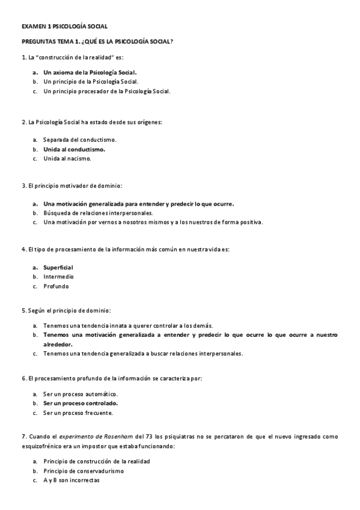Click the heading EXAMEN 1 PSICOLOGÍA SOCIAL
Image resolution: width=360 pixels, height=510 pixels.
(x=64, y=27)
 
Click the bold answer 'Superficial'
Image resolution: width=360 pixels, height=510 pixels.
(x=58, y=267)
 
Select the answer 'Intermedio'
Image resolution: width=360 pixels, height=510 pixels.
(x=58, y=277)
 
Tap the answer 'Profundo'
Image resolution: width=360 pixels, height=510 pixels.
(x=55, y=286)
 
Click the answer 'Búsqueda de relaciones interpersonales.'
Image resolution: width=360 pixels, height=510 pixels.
(x=98, y=213)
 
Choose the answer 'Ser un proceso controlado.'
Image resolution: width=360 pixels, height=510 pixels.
(x=81, y=403)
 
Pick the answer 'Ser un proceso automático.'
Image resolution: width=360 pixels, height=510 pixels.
(x=80, y=393)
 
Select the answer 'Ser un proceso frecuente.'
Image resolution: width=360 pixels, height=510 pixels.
(x=78, y=413)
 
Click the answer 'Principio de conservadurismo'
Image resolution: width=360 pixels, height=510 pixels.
(x=84, y=471)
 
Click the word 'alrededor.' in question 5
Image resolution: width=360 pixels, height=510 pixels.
(x=58, y=344)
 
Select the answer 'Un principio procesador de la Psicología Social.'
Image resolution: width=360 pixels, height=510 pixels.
(x=107, y=91)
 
